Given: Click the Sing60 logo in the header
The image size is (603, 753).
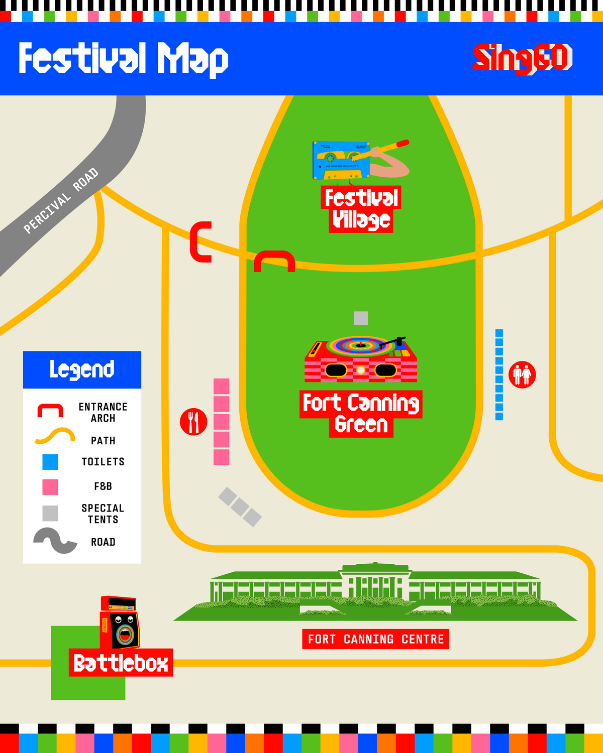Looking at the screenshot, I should coord(522,58).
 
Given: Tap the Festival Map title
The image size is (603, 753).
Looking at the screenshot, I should coord(123,59).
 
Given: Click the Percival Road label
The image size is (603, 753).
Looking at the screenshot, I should coord(61,201).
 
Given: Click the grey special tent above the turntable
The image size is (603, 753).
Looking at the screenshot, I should coord(361,318).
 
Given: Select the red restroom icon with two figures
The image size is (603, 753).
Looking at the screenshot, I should coord(522,374).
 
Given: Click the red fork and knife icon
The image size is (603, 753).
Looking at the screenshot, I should coord(193,422).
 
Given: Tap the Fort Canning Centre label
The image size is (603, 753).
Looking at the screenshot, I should coord(375,639).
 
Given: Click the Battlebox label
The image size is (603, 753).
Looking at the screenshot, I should coord(121,663).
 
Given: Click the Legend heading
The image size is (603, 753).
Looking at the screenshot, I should coord(82,369).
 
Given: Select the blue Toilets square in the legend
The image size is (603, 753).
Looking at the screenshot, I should coord(50,462).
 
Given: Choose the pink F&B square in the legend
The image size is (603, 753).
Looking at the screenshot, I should coord(50,487).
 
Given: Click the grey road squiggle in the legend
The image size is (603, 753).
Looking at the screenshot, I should coord(55,541).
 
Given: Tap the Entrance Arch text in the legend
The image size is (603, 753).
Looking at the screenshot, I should coord(103,412).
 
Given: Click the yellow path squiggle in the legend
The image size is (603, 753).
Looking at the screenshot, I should coord(55,436).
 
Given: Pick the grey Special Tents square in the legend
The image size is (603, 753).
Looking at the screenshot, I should coord(50,513).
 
